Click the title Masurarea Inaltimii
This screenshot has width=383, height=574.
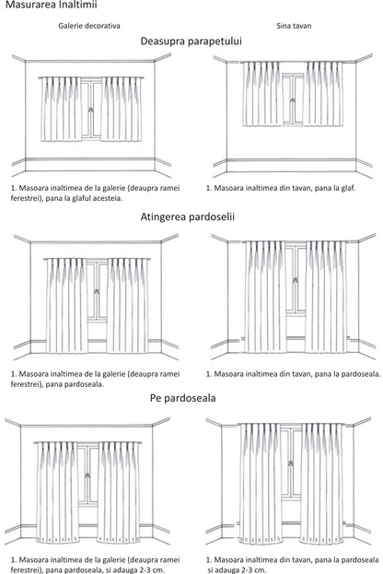42,6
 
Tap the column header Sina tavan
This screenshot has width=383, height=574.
292,27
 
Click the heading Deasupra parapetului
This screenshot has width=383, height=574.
191,42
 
